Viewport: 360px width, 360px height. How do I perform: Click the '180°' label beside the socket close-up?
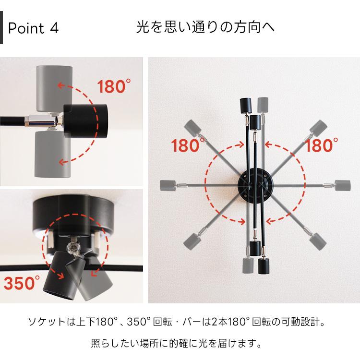114,87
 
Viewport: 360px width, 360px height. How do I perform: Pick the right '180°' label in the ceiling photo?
322,145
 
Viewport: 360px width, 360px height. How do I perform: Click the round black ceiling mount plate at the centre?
254,185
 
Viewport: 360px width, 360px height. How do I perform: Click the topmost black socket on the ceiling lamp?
245,105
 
